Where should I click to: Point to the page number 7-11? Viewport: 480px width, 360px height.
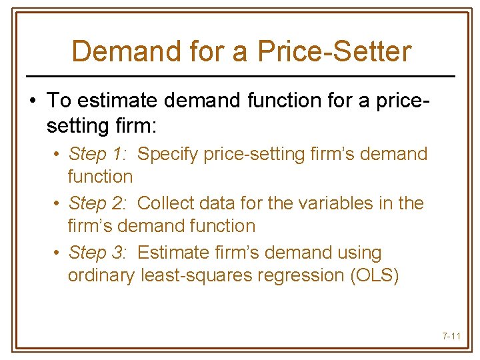tap(451, 336)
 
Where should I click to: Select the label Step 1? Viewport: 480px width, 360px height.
tap(98, 154)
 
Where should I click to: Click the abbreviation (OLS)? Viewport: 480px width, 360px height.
tap(374, 275)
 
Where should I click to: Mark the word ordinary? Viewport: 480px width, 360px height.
tap(101, 275)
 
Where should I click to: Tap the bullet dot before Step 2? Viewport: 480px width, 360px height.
tap(58, 203)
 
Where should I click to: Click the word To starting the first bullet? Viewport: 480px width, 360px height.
tap(59, 101)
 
